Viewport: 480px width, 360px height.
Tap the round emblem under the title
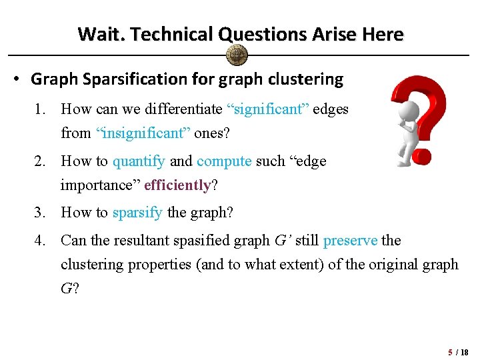(x=237, y=55)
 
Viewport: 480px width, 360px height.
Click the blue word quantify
(x=139, y=161)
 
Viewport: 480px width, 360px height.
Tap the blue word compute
(x=224, y=161)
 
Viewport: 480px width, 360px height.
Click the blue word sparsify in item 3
(x=137, y=213)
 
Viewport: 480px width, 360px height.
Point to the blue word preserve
(x=350, y=240)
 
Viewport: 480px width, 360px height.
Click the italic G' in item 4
(x=283, y=240)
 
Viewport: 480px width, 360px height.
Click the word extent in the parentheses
(x=319, y=264)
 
